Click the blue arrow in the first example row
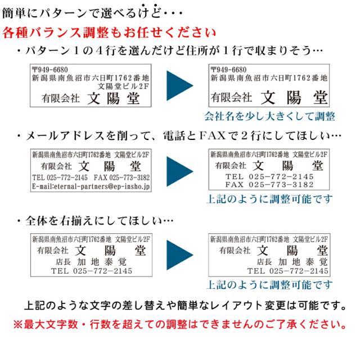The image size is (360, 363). click(179, 85)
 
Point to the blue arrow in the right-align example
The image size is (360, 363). click(179, 255)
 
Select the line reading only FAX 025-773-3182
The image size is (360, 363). click(269, 184)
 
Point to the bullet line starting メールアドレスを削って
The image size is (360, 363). click(179, 136)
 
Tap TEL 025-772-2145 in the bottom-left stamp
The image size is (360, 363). click(91, 271)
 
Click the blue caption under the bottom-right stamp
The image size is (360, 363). click(270, 284)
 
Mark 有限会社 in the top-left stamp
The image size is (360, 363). click(61, 98)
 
